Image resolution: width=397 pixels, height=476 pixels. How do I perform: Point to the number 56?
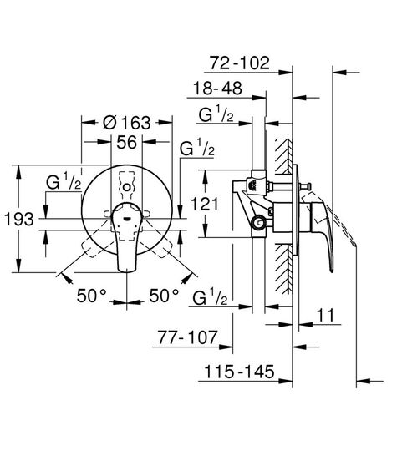point(126,142)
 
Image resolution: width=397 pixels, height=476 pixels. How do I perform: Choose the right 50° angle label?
point(165,295)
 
